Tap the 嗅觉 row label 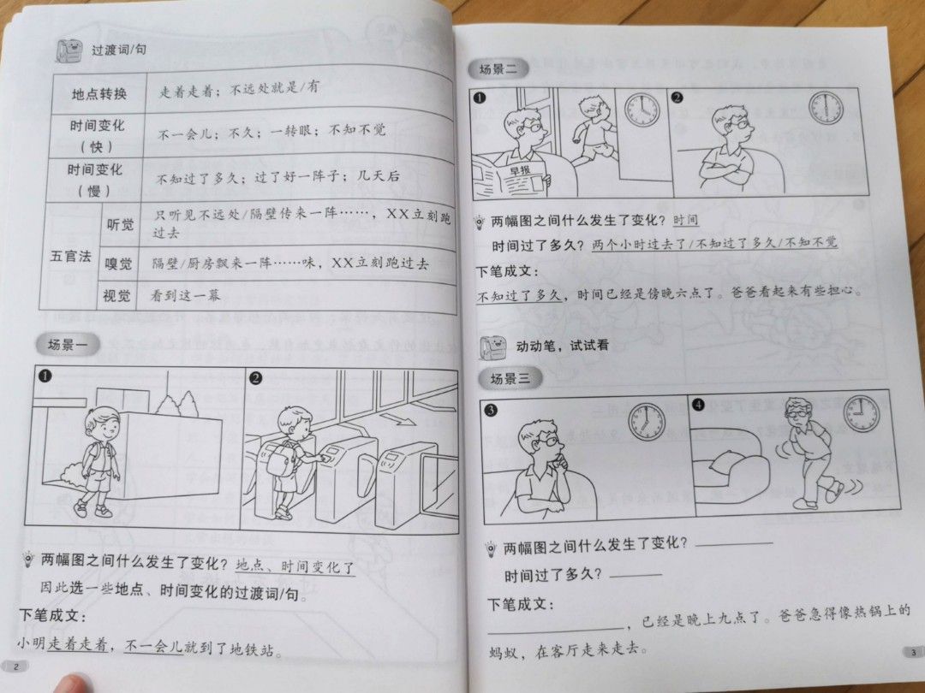(x=119, y=264)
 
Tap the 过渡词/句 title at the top (x=119, y=50)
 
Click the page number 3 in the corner (x=912, y=653)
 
